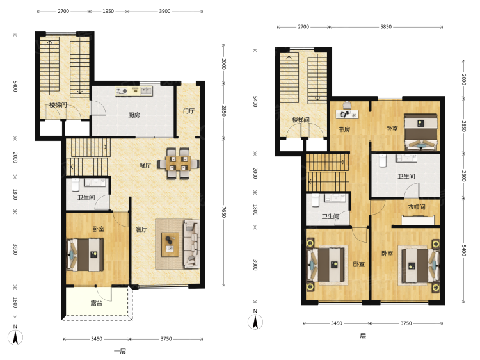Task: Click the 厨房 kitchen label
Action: coord(134,115)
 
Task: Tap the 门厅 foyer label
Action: coord(189,111)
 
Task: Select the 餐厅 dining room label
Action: coord(145,166)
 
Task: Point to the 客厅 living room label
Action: coord(141,229)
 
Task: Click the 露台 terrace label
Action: coord(97,303)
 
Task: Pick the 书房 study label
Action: coord(344,129)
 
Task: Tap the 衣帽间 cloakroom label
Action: coord(417,207)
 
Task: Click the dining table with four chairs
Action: coord(178,163)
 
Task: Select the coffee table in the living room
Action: coord(170,244)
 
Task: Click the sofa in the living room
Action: coord(191,244)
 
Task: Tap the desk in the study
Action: coord(348,114)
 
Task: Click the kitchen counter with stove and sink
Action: coord(134,92)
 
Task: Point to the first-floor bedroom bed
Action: coord(85,254)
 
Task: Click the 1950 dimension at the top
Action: coord(108,11)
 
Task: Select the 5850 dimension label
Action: coord(386,27)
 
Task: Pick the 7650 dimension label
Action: coord(224,212)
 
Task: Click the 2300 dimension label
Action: coord(464,176)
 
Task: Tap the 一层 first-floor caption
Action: coord(120,352)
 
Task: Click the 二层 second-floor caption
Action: coord(360,336)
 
